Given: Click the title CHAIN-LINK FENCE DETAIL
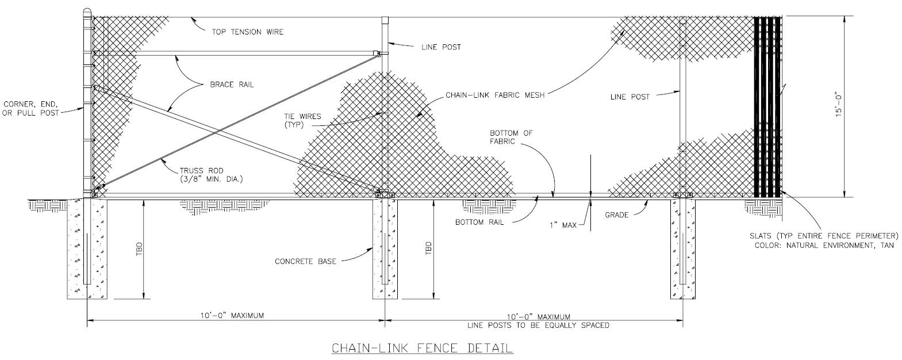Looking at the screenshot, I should pos(421,348).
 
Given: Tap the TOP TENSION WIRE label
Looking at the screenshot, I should pos(248,32).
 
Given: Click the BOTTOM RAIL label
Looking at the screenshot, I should pos(479,222).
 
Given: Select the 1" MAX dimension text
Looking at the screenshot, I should pos(562,225).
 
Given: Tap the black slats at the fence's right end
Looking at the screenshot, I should pos(767,107).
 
